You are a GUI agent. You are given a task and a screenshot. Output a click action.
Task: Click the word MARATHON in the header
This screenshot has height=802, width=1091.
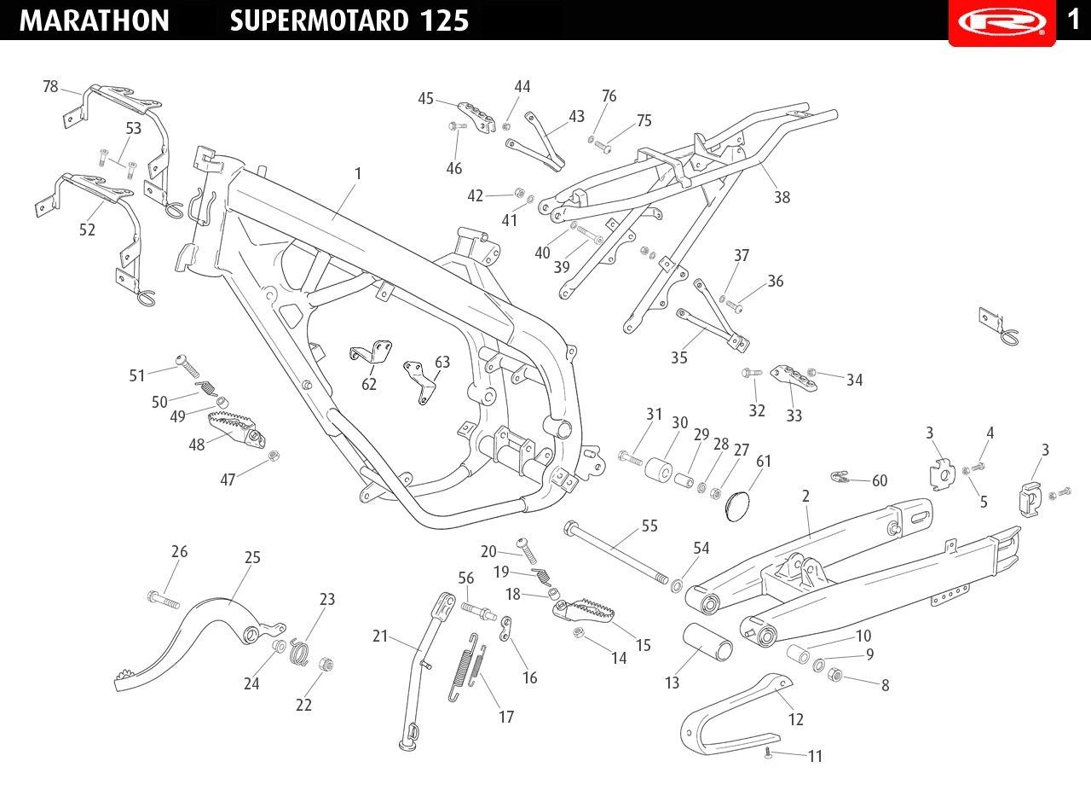pyautogui.click(x=94, y=21)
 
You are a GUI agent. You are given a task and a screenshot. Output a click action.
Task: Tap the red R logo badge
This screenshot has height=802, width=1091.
pyautogui.click(x=1002, y=22)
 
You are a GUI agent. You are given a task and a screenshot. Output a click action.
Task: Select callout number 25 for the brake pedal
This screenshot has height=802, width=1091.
pyautogui.click(x=252, y=557)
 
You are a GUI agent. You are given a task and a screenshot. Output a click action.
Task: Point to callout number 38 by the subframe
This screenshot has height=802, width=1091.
pyautogui.click(x=782, y=197)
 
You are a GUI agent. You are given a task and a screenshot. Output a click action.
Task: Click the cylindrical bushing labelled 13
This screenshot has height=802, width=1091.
pyautogui.click(x=707, y=642)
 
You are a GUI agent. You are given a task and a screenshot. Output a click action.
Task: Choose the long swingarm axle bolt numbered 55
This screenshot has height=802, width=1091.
pyautogui.click(x=615, y=553)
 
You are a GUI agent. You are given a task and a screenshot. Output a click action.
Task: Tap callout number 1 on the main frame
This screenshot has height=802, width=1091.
pyautogui.click(x=358, y=173)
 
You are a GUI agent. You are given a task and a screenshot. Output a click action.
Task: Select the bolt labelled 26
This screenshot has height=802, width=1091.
pyautogui.click(x=163, y=600)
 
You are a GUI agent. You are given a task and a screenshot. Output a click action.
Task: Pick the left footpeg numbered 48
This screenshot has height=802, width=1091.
pyautogui.click(x=237, y=429)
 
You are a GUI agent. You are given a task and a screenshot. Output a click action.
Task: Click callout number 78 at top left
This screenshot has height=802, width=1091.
pyautogui.click(x=50, y=86)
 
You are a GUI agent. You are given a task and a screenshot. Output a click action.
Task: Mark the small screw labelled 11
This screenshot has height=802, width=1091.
pyautogui.click(x=768, y=754)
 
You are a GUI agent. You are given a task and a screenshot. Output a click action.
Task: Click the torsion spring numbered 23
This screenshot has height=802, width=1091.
pyautogui.click(x=299, y=651)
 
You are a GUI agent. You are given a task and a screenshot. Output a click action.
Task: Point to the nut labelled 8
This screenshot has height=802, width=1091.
pyautogui.click(x=834, y=675)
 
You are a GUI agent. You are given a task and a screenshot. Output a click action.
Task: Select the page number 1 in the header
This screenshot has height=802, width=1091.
pyautogui.click(x=1073, y=20)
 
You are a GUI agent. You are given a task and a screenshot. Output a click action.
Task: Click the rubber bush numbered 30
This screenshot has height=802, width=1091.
pyautogui.click(x=659, y=468)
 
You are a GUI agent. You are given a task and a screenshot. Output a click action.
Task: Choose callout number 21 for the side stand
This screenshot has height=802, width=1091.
pyautogui.click(x=380, y=636)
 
